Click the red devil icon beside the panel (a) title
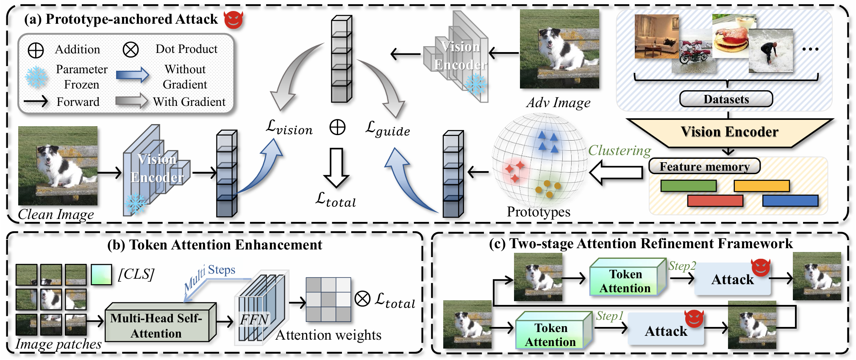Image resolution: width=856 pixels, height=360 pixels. coord(233,19)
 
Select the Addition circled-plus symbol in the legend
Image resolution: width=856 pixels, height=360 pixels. coord(36,50)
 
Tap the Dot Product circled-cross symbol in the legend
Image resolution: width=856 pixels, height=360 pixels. coord(131,50)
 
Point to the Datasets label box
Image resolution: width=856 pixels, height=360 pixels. coord(726,99)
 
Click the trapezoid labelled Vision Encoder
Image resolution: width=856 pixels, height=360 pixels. coord(729,132)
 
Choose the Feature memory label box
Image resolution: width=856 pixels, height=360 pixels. coord(704,166)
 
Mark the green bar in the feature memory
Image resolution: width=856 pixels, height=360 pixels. coord(688,186)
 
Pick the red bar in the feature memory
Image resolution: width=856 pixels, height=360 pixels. coord(715,200)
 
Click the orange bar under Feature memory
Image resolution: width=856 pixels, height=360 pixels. coord(762,186)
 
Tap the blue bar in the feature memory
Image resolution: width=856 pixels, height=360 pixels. coord(790,200)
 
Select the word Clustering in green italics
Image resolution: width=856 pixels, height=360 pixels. coord(619,150)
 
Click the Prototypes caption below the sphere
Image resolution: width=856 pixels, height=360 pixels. coord(539,211)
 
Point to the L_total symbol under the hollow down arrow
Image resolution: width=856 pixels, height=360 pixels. coord(336,199)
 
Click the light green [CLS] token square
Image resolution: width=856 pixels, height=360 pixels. coord(101,274)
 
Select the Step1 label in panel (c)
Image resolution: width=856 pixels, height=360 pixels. coord(609,316)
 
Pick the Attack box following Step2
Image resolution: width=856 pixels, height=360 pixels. coord(732,280)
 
